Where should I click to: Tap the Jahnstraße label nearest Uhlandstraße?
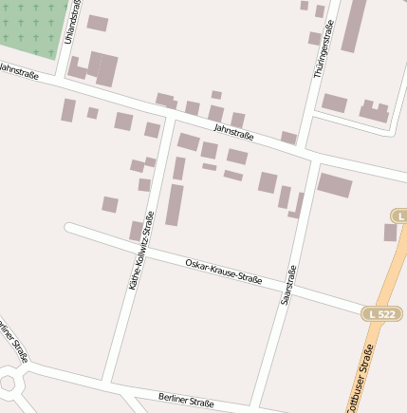click(x=18, y=71)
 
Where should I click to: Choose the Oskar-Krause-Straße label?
click(x=224, y=270)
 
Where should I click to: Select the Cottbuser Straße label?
click(x=361, y=380)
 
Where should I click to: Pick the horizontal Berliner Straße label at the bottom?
click(x=186, y=401)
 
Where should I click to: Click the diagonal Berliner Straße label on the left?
click(x=13, y=342)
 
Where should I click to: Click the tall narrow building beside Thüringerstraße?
click(x=353, y=26)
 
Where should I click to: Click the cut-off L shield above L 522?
click(x=399, y=217)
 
